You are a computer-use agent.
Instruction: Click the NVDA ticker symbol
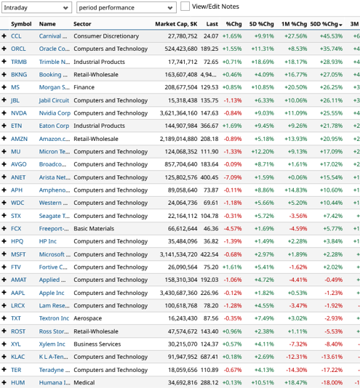[19, 113]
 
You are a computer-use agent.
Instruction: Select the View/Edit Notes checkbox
[185, 7]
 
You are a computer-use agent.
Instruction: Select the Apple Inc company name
[52, 293]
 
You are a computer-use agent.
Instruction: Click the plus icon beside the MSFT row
[4, 254]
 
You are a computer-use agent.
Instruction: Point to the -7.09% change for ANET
[233, 177]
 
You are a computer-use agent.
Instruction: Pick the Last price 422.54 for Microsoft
[210, 254]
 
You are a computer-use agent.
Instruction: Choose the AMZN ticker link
[20, 138]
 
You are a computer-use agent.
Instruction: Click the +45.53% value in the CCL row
[331, 36]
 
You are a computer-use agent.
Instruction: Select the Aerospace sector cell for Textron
[90, 318]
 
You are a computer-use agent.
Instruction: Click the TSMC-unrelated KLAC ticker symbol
[19, 357]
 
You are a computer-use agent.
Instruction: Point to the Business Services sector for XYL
[100, 344]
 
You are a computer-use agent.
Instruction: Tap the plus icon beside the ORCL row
[4, 49]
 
